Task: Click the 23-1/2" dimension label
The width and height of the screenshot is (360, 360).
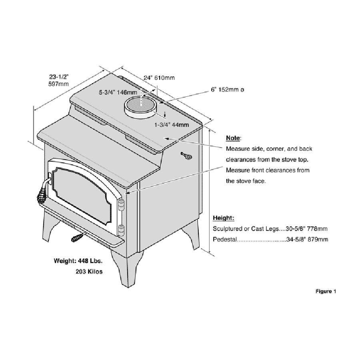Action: tap(59, 76)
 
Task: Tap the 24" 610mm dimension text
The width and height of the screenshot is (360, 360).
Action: tap(159, 78)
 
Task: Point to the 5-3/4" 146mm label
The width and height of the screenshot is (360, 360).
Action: tap(118, 92)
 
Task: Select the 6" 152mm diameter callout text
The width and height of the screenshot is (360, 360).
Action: tap(227, 90)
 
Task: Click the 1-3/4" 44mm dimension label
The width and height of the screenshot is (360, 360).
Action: tap(172, 125)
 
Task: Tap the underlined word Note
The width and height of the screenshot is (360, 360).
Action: tap(233, 138)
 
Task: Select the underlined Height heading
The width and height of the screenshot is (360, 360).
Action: tap(223, 218)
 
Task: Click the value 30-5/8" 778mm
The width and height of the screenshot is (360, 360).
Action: tap(306, 229)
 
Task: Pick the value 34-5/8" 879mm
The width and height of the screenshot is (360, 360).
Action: tap(307, 240)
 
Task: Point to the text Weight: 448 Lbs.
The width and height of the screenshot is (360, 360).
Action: tap(78, 261)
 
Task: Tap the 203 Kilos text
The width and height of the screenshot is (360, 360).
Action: tap(89, 272)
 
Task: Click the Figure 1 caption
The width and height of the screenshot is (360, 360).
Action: tap(326, 291)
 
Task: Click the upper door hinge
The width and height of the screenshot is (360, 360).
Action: tap(121, 204)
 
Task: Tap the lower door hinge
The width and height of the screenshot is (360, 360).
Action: tap(120, 230)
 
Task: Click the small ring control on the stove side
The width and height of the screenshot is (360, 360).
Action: tap(186, 156)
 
